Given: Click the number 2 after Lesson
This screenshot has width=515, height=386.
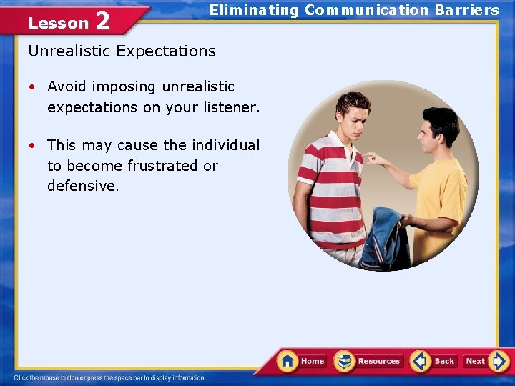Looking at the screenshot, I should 102,21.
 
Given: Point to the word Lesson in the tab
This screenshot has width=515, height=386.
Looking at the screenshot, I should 58,23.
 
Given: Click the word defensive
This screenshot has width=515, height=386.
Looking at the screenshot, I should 82,186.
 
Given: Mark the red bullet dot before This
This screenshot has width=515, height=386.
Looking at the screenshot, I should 33,145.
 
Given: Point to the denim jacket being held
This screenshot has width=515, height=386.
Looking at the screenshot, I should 383,239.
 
